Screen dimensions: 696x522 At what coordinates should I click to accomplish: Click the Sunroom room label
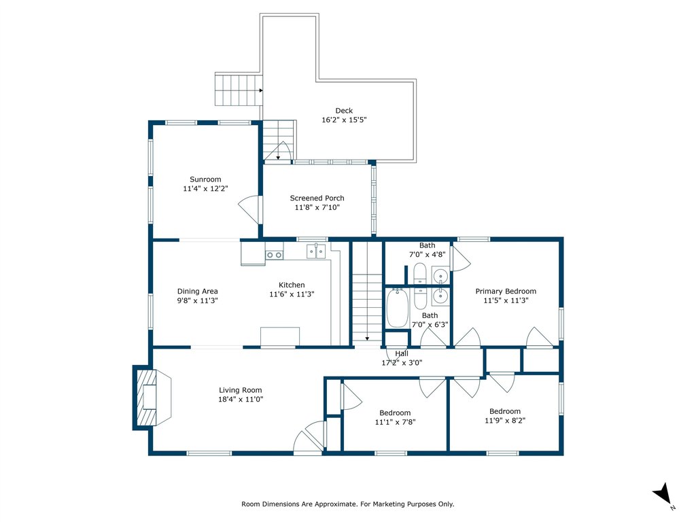point(205,179)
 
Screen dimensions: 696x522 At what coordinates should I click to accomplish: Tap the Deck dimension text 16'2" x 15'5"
point(344,120)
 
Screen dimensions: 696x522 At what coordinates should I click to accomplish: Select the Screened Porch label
point(317,198)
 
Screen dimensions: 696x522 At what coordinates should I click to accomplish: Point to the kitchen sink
point(316,251)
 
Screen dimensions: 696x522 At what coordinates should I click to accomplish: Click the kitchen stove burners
point(275,255)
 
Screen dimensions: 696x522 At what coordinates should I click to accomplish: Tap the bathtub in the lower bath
point(397,308)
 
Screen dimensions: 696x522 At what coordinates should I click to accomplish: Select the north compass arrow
point(663,493)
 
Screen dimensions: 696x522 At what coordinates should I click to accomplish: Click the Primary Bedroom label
point(506,291)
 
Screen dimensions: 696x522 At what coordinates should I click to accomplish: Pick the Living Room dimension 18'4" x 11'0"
point(241,399)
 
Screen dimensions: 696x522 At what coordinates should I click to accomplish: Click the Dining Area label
point(198,291)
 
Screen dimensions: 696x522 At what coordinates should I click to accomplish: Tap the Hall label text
point(402,353)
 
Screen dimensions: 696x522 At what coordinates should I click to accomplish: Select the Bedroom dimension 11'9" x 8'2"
point(505,420)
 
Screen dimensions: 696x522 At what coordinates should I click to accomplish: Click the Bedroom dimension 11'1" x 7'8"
point(395,421)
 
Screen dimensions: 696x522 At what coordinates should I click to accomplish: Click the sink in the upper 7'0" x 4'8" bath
point(440,275)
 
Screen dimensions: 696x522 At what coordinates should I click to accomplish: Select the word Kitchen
point(292,285)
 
